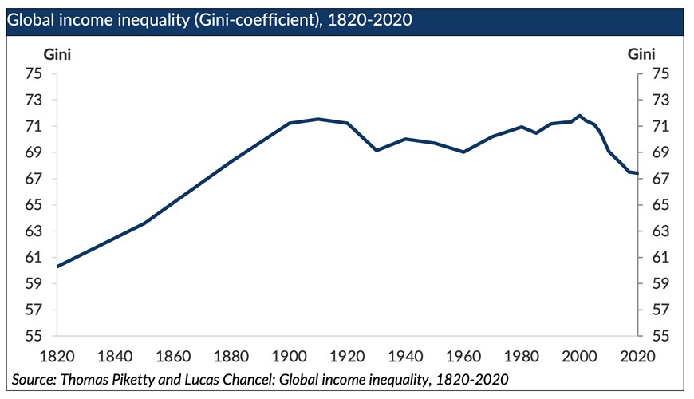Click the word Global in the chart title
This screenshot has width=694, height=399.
point(31,20)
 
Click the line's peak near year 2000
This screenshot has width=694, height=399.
point(579,116)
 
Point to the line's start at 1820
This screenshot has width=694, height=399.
point(58,266)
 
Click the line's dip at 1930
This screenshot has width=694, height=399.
point(377,150)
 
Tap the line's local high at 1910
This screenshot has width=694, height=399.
point(318,119)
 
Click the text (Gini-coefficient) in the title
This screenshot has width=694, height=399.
point(254,20)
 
